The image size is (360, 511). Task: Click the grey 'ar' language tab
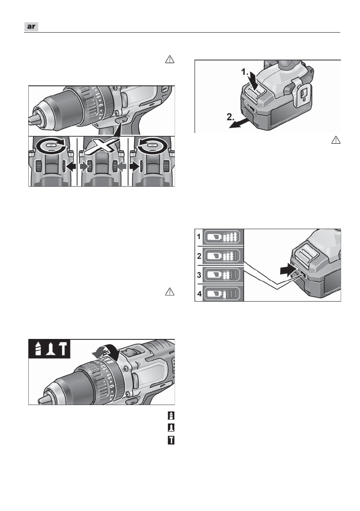click(x=31, y=27)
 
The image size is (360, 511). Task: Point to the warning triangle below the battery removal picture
click(x=336, y=140)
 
